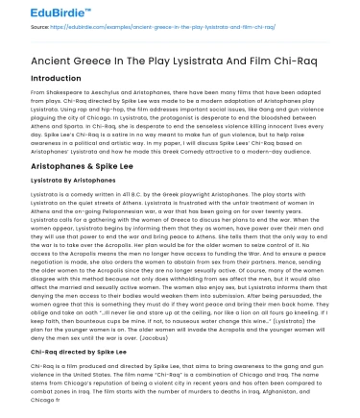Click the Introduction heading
tap(42, 79)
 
